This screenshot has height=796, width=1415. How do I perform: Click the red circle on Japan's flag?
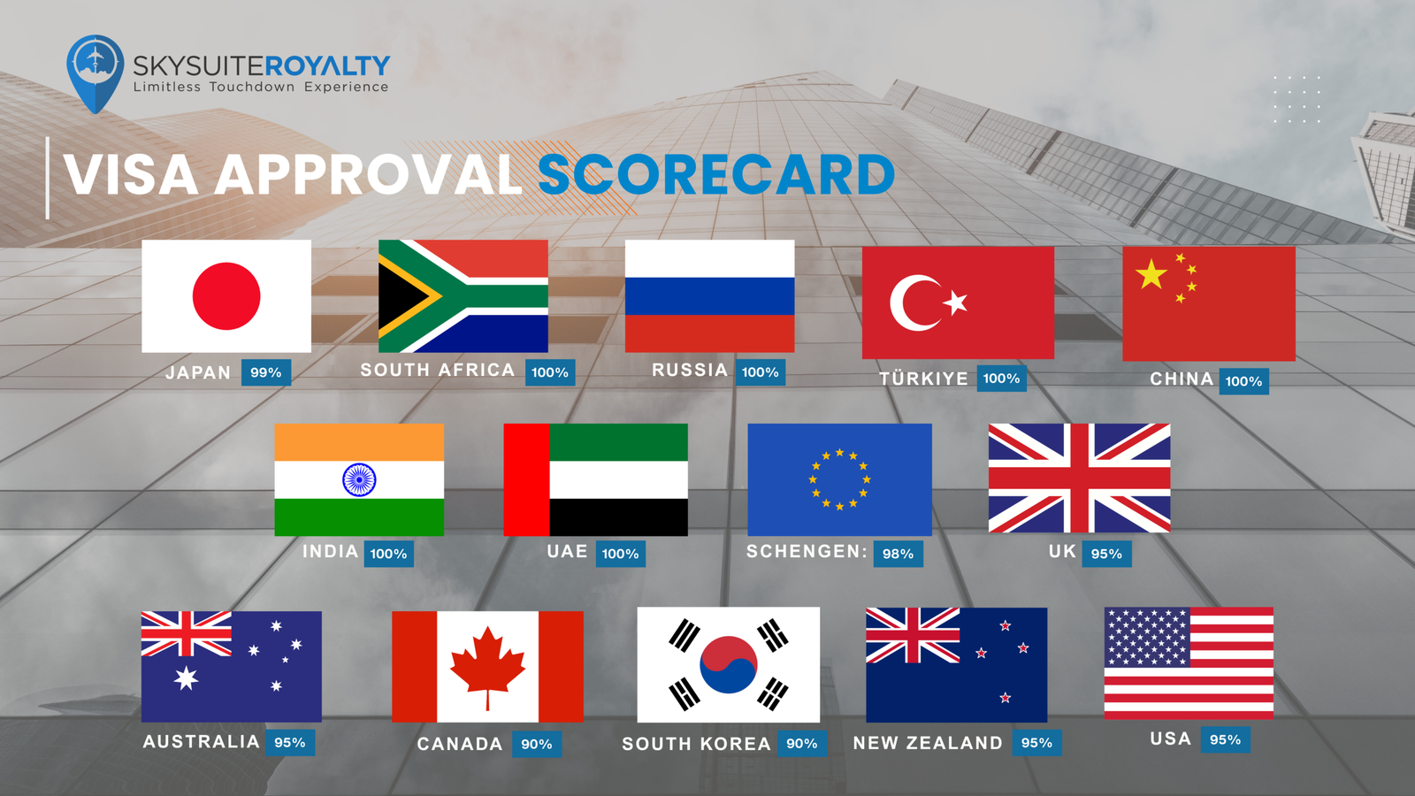click(x=226, y=295)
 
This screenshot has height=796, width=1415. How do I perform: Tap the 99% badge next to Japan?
click(x=266, y=372)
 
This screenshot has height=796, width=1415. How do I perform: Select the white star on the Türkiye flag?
click(x=955, y=302)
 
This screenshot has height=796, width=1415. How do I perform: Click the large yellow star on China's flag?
click(x=1151, y=274)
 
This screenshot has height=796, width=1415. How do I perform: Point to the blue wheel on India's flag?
click(x=359, y=479)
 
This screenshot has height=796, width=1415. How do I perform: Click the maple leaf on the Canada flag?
click(x=487, y=667)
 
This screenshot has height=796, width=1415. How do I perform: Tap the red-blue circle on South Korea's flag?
click(x=729, y=664)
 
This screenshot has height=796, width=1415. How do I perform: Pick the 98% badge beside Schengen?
click(x=899, y=554)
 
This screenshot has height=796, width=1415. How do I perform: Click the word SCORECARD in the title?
click(x=716, y=174)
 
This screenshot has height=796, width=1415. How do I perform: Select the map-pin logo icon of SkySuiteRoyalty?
click(x=95, y=73)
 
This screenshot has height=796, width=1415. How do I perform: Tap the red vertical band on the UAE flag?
click(x=526, y=479)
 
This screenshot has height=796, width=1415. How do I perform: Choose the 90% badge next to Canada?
click(x=537, y=744)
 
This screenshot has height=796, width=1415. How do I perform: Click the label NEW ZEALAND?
click(x=928, y=743)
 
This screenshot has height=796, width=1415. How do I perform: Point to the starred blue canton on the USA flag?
click(x=1147, y=637)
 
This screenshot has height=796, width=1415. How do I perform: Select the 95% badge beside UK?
click(x=1106, y=554)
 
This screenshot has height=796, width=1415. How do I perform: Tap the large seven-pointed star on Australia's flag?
click(x=186, y=678)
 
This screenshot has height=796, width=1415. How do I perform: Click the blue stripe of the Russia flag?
click(x=709, y=295)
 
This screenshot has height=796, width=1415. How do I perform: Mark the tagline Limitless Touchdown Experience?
click(x=261, y=87)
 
